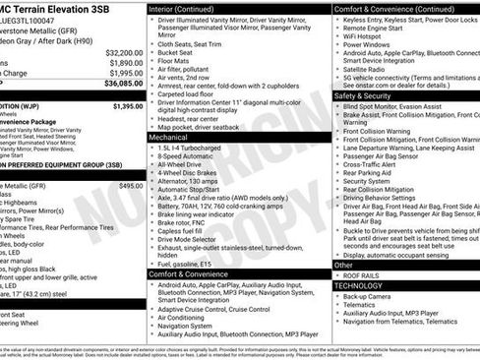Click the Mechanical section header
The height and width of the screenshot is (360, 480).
[169, 138]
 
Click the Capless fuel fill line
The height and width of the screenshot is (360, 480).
[187, 231]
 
